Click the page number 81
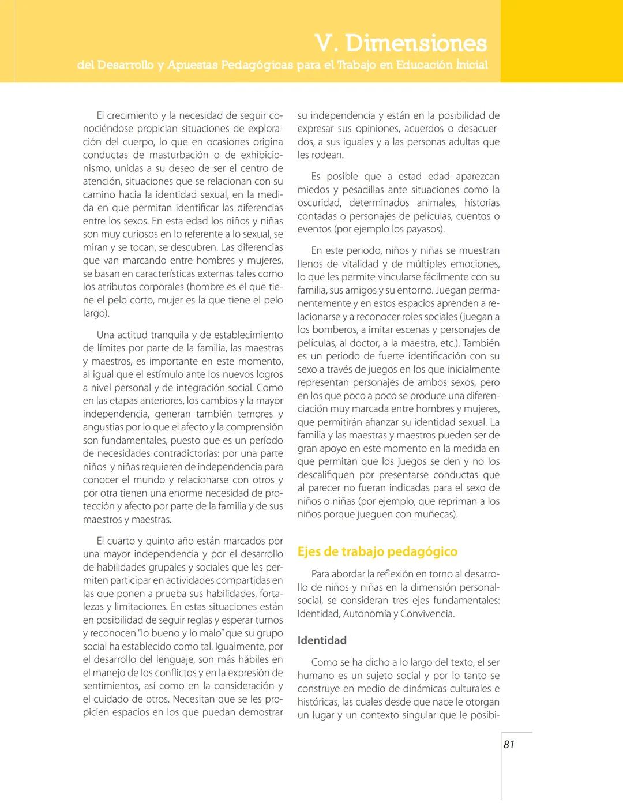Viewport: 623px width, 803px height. [508, 744]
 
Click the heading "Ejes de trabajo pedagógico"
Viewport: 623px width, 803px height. [377, 551]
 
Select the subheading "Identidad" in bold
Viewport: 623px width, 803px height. [322, 640]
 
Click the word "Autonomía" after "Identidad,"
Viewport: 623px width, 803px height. [367, 614]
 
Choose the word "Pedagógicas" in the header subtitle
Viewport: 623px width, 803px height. [252, 65]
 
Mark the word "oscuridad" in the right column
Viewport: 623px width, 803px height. [320, 203]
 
